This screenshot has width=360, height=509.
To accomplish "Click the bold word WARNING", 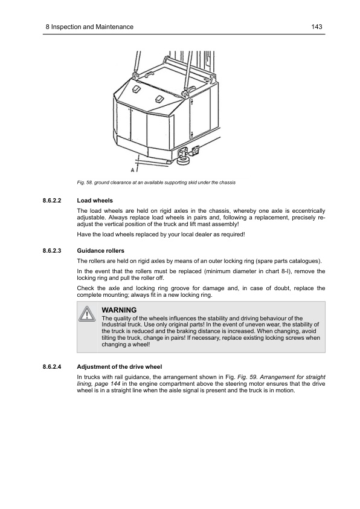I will point(120,310).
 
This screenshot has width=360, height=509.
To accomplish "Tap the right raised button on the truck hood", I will point(159,99).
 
